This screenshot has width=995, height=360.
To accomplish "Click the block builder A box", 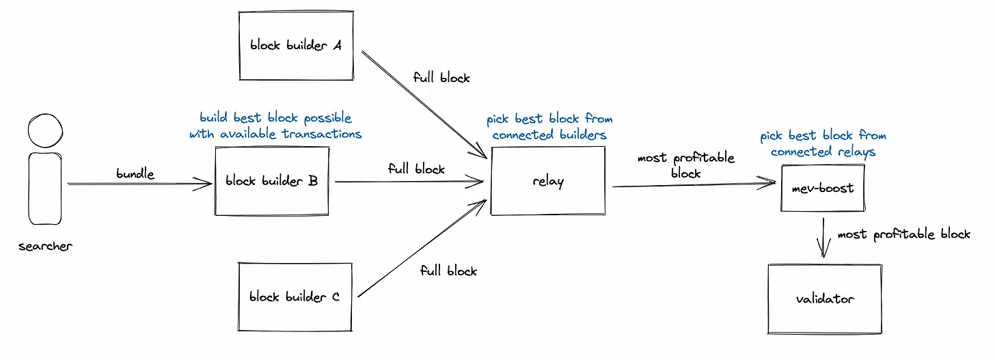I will point(295,46).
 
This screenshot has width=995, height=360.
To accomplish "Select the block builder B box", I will point(271,181).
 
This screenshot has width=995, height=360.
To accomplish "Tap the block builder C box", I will point(295,297).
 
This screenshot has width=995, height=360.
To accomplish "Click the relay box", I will point(548,182).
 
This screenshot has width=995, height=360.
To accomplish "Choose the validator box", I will point(825,299).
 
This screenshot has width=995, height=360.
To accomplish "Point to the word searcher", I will point(45,246).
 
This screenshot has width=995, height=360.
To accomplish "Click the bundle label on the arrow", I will point(135,174).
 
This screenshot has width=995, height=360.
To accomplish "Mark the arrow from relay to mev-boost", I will point(694,184).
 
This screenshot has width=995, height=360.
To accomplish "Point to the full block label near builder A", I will point(441,77).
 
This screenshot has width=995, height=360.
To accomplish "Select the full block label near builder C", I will point(448,271).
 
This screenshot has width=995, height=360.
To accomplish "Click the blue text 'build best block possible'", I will point(275,118).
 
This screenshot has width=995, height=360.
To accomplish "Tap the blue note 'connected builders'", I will point(549,135).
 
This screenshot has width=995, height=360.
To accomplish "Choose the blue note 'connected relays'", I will point(823,152).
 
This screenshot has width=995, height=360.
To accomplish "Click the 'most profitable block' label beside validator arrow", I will point(903,234).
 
